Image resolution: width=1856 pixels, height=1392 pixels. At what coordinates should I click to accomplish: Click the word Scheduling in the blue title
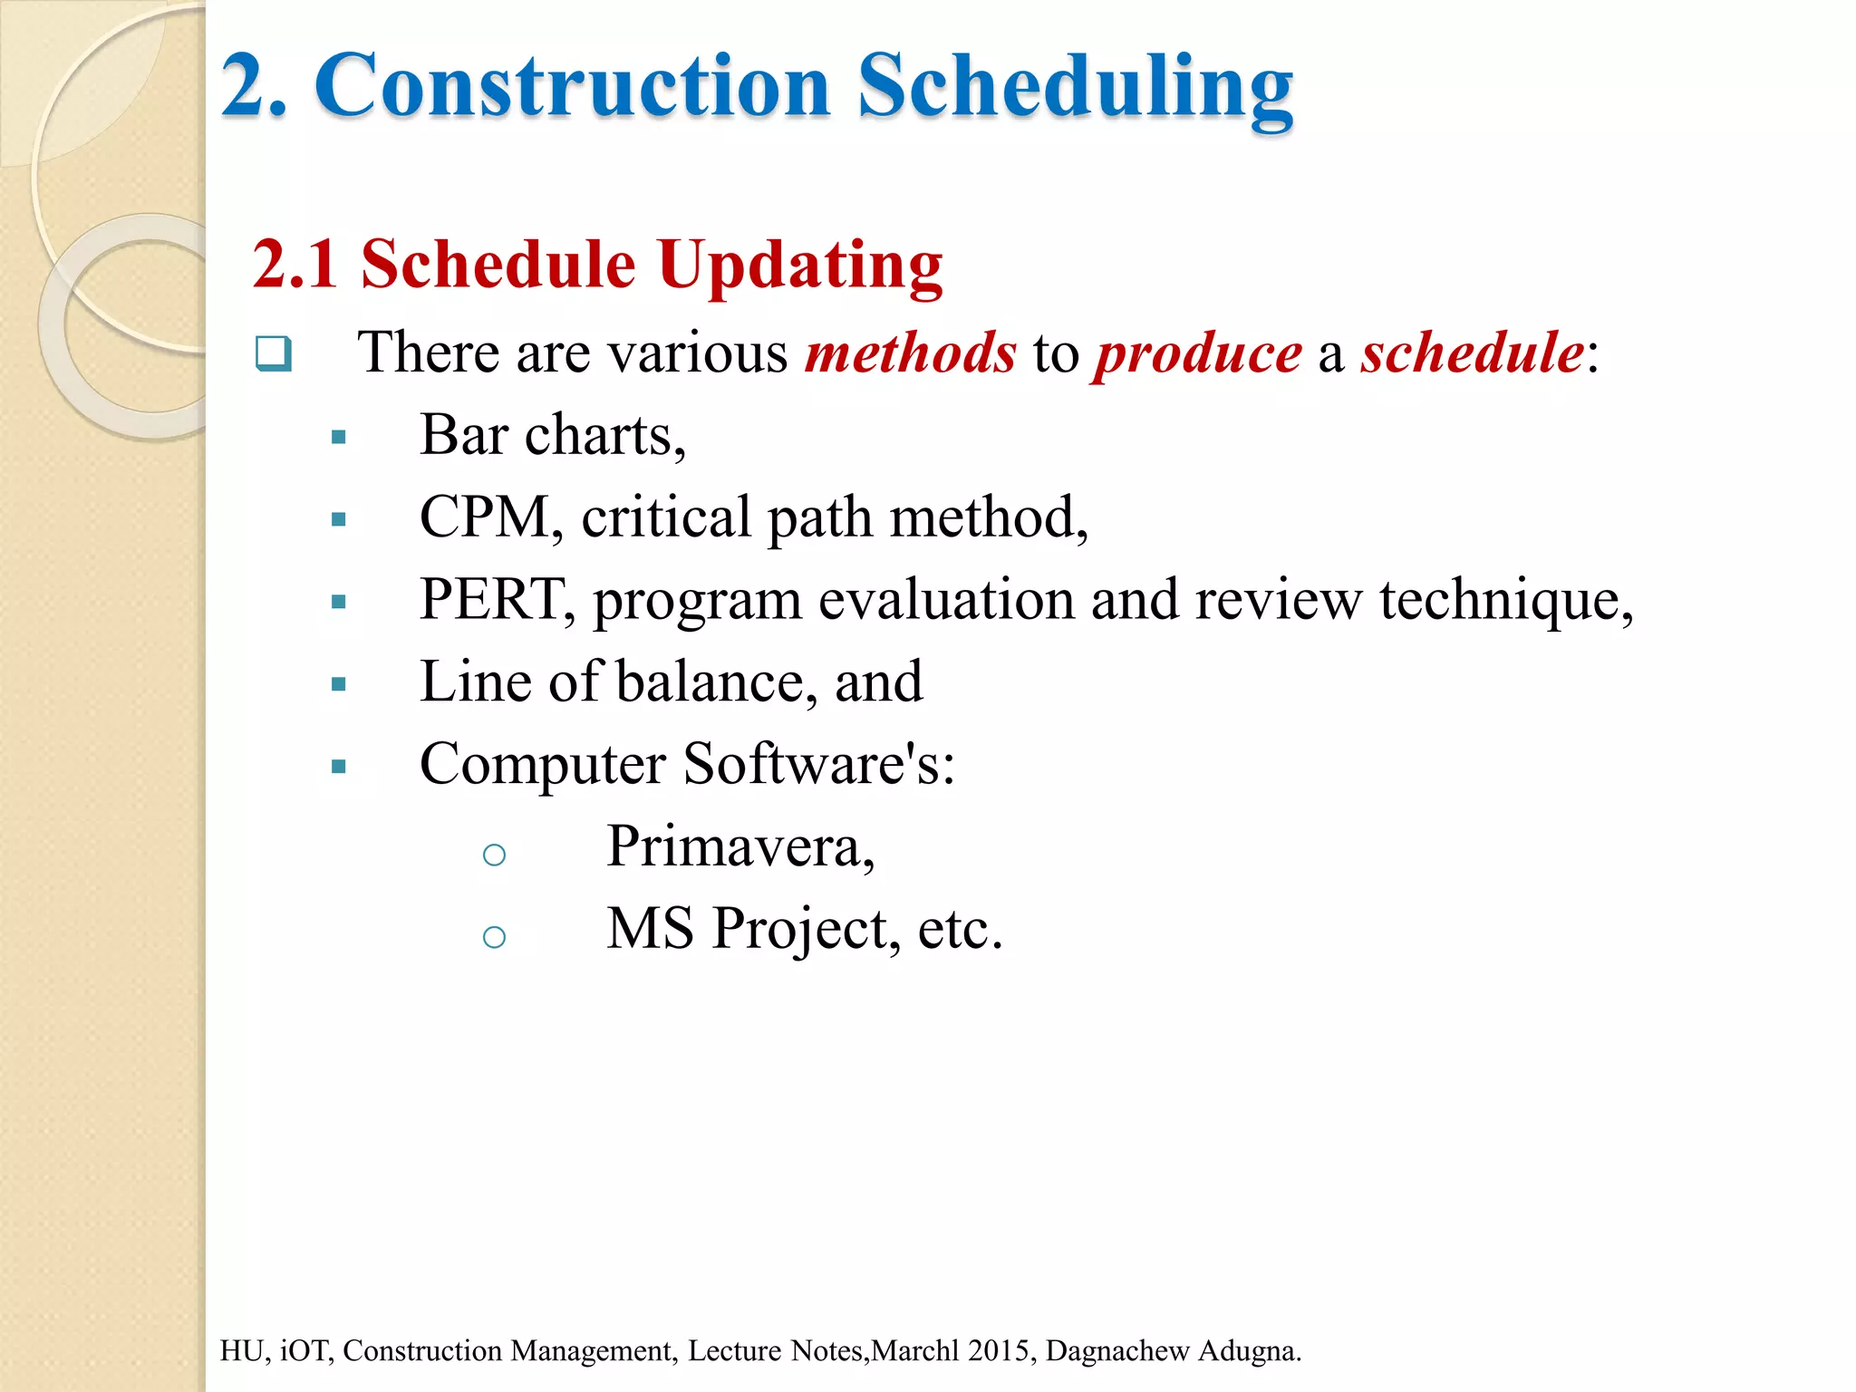pos(1075,86)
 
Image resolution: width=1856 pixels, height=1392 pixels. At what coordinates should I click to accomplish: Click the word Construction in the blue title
pos(573,86)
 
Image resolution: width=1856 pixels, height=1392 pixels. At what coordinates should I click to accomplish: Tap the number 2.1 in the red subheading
pos(295,264)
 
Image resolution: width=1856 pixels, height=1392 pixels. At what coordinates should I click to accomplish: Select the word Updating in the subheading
pos(799,266)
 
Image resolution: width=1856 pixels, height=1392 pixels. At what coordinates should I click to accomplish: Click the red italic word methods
pos(910,353)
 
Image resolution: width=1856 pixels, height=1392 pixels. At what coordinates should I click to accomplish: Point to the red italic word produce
pos(1197,354)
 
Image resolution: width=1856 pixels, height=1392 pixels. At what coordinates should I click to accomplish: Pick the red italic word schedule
pos(1472,353)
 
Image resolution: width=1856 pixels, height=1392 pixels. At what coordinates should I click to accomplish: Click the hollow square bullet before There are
pos(273,353)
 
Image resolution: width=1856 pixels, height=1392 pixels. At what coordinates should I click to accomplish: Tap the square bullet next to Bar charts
pos(339,438)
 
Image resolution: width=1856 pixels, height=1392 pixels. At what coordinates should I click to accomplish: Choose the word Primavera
pos(739,846)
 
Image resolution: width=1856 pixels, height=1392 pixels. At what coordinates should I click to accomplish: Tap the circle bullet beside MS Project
pos(494,936)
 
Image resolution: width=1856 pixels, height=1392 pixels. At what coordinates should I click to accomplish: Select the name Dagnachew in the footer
pos(1117,1350)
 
